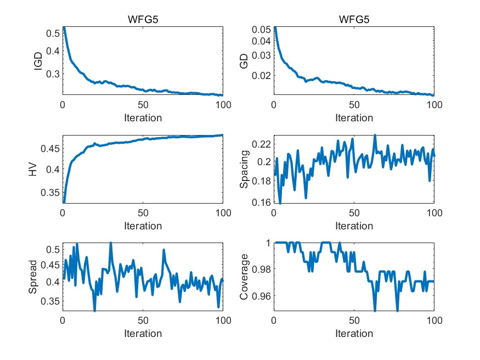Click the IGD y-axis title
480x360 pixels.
coord(38,61)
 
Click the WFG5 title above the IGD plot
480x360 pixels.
coord(143,20)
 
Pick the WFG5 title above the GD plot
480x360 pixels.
coord(354,20)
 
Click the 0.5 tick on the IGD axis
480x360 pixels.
coord(53,33)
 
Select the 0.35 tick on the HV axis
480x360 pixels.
coord(50,193)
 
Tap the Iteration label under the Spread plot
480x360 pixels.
coord(143,334)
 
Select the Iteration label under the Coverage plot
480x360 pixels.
coord(354,334)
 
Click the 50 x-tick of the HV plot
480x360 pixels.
coord(143,213)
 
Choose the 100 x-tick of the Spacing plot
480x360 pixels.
coord(433,213)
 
